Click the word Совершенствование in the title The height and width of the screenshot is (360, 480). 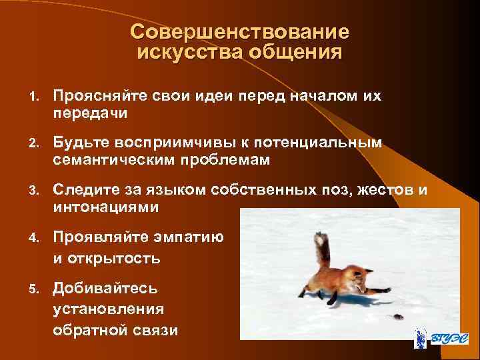point(239,32)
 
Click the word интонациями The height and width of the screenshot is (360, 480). point(106,207)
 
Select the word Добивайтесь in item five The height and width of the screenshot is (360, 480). point(105,289)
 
